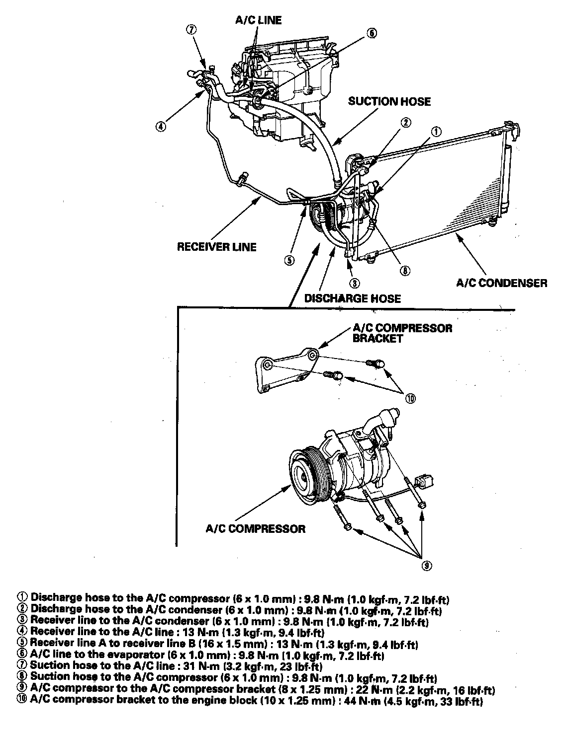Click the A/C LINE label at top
click(x=258, y=20)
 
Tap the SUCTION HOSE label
click(x=389, y=102)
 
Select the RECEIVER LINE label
click(x=217, y=247)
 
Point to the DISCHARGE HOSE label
click(x=352, y=298)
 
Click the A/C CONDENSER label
click(x=501, y=283)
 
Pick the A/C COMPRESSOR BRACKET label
click(x=402, y=333)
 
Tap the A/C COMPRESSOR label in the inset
click(x=256, y=528)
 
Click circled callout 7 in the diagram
click(x=192, y=29)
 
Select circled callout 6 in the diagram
click(x=372, y=33)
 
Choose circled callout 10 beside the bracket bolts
click(x=410, y=398)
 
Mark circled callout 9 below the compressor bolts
click(x=426, y=566)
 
